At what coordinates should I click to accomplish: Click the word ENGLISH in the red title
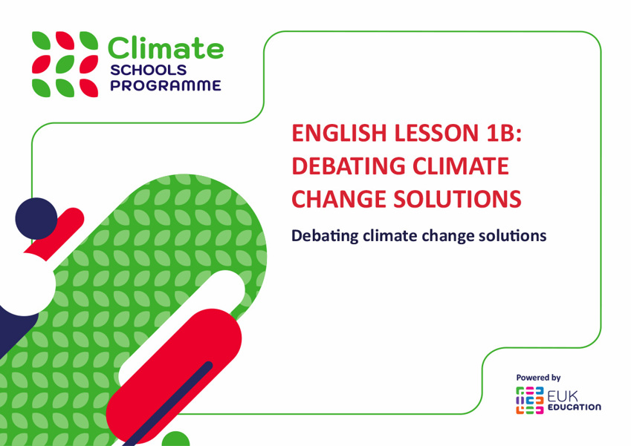(339, 133)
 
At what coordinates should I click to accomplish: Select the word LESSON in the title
(433, 133)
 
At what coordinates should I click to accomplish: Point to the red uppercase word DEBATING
(348, 166)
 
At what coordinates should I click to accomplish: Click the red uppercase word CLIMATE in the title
(462, 166)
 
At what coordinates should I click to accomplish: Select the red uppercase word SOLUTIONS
(458, 199)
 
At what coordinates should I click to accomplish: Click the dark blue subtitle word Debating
(325, 236)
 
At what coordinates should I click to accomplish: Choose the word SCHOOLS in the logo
(148, 70)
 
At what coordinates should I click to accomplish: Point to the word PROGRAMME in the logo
(166, 85)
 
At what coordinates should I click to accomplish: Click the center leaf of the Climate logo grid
(65, 65)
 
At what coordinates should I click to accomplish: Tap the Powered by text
(538, 378)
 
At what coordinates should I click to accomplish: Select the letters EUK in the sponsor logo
(562, 396)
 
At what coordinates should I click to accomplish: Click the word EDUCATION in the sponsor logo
(575, 407)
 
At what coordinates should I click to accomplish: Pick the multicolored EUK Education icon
(530, 400)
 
